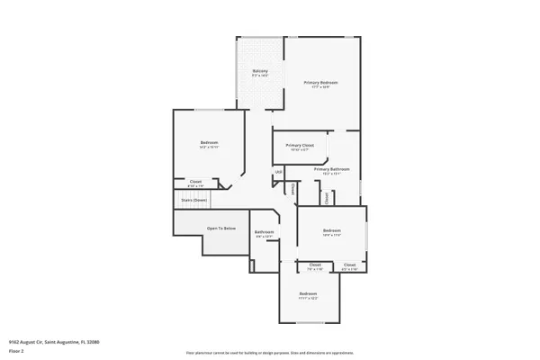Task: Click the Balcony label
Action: pyautogui.click(x=259, y=71)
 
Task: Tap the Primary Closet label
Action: pyautogui.click(x=300, y=145)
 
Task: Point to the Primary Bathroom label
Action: pyautogui.click(x=331, y=168)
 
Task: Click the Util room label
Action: pyautogui.click(x=279, y=172)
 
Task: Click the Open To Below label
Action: pyautogui.click(x=221, y=229)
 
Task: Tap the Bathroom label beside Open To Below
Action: pyautogui.click(x=264, y=232)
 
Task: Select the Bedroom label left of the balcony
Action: pyautogui.click(x=209, y=143)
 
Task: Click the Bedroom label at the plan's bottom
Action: pyautogui.click(x=309, y=293)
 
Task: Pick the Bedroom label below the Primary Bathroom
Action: pyautogui.click(x=333, y=230)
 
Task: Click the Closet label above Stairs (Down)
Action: pyautogui.click(x=195, y=181)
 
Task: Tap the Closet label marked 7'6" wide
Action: pyautogui.click(x=315, y=265)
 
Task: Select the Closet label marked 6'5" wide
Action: pyautogui.click(x=350, y=265)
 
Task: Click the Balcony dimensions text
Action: pyautogui.click(x=259, y=76)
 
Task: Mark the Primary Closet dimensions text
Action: pyautogui.click(x=300, y=150)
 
